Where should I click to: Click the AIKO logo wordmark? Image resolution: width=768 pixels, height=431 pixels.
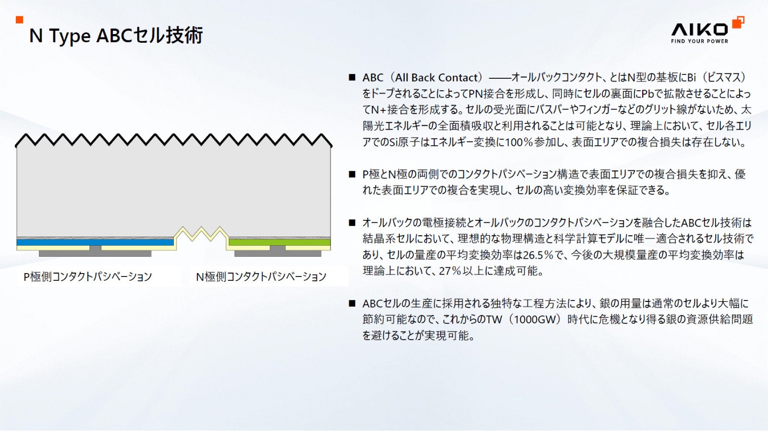pyautogui.click(x=699, y=29)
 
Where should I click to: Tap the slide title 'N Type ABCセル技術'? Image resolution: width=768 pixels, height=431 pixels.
pyautogui.click(x=116, y=36)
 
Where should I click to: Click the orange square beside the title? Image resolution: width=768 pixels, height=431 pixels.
pyautogui.click(x=20, y=20)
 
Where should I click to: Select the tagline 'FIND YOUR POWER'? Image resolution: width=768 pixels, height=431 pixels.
pyautogui.click(x=699, y=41)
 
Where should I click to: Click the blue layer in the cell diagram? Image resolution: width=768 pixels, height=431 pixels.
pyautogui.click(x=95, y=242)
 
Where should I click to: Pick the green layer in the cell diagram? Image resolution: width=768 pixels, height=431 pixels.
pyautogui.click(x=279, y=242)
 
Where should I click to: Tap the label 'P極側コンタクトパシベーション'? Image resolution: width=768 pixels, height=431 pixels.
pyautogui.click(x=88, y=277)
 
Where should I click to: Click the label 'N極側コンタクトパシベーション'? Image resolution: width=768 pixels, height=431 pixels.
pyautogui.click(x=261, y=277)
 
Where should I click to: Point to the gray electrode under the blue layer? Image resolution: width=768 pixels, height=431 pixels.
pyautogui.click(x=95, y=253)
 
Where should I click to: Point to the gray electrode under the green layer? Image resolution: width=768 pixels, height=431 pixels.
pyautogui.click(x=278, y=253)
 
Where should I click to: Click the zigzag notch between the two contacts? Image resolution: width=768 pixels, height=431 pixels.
pyautogui.click(x=201, y=234)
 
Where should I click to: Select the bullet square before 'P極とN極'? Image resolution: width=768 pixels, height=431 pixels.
pyautogui.click(x=352, y=174)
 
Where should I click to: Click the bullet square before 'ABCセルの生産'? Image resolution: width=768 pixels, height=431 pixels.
pyautogui.click(x=352, y=303)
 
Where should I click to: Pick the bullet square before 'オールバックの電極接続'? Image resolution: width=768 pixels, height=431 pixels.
pyautogui.click(x=352, y=223)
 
